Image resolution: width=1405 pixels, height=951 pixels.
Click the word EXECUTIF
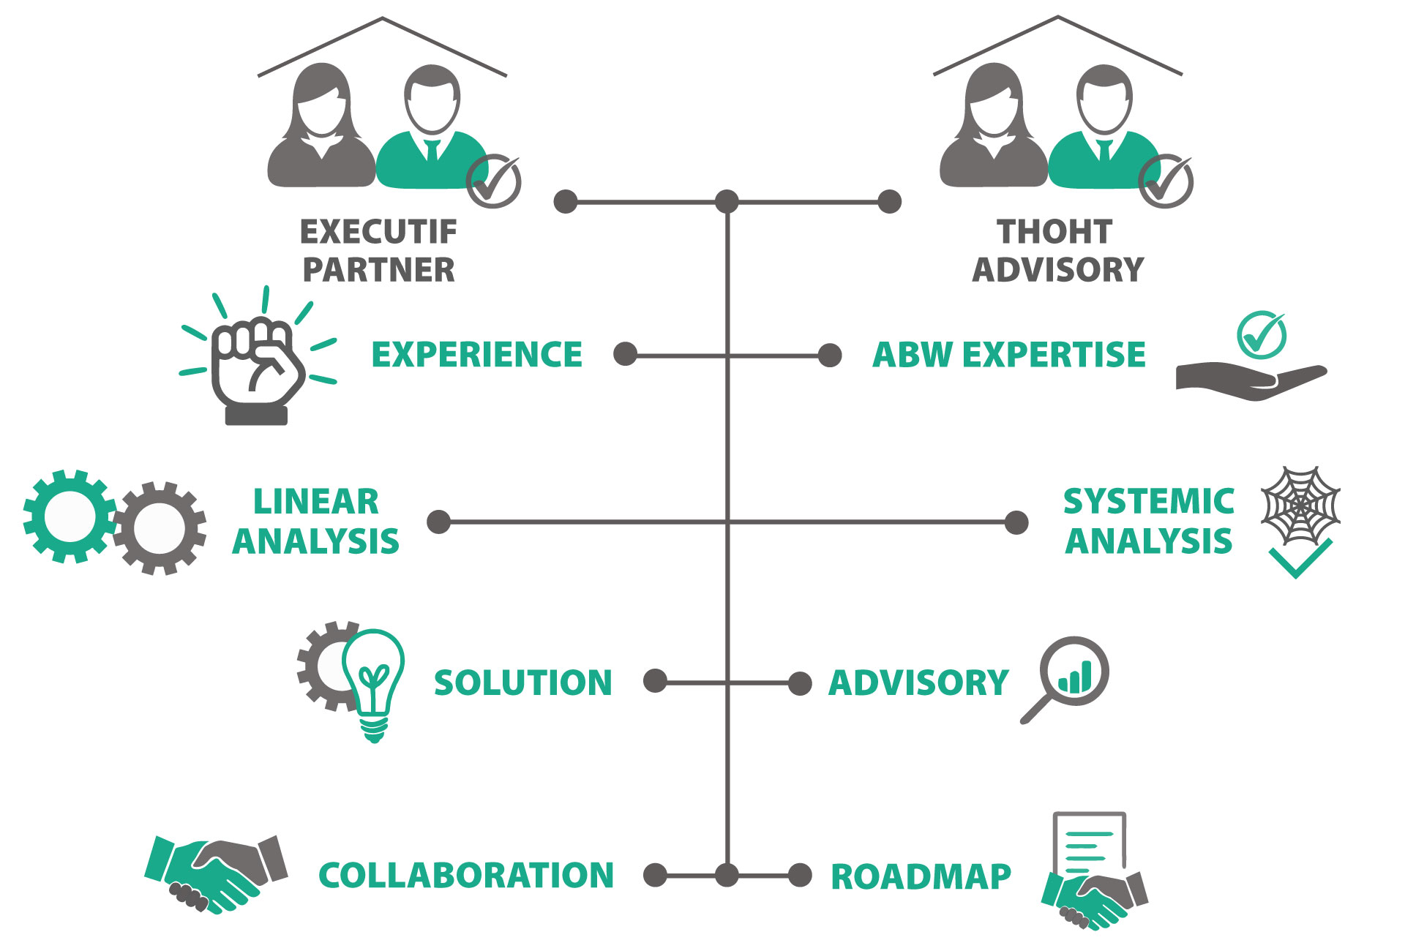378,232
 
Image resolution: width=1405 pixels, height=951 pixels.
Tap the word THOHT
1054,232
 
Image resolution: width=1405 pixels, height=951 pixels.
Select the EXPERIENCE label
476,355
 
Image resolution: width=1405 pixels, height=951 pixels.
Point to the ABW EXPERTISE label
1008,355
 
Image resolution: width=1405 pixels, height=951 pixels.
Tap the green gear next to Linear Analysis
69,516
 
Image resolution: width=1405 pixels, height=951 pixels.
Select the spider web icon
1300,505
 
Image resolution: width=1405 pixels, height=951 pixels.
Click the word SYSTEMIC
1148,502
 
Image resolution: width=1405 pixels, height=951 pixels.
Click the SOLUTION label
522,683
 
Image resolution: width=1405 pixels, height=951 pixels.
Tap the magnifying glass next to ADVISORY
1068,677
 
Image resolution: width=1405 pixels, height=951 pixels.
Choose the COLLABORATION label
466,876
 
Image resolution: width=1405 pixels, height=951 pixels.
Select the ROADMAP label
921,876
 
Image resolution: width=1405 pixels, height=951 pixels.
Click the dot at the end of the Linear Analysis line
439,522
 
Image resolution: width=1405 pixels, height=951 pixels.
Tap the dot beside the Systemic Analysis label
1016,522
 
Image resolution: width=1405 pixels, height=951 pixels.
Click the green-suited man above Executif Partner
432,132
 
